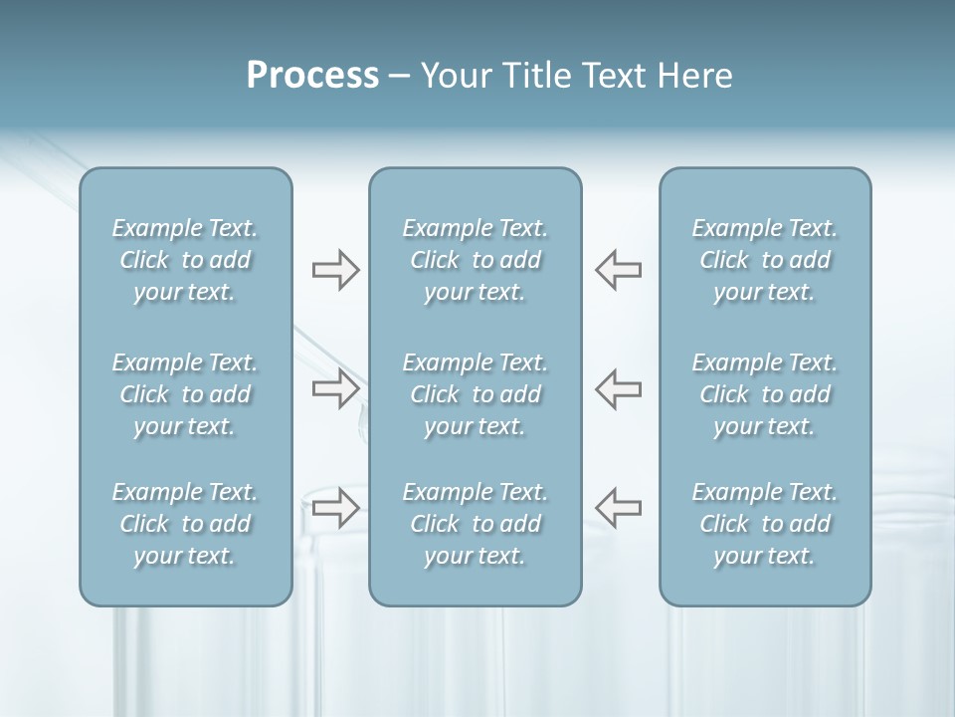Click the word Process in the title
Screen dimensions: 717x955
tap(312, 76)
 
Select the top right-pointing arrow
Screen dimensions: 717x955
tap(335, 270)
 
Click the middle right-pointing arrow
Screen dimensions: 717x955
tap(335, 388)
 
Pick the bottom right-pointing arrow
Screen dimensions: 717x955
tap(335, 507)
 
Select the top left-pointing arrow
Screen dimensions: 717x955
tap(618, 270)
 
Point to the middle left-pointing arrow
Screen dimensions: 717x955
tap(618, 388)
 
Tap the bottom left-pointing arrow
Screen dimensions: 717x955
tap(618, 507)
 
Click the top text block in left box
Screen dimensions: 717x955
tap(185, 260)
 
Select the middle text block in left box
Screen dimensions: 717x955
tap(185, 394)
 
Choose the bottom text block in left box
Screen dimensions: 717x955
tap(185, 524)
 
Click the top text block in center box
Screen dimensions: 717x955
tap(475, 260)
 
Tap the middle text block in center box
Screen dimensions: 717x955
tap(475, 394)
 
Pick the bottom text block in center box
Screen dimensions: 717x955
tap(475, 524)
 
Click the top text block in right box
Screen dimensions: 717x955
tap(764, 260)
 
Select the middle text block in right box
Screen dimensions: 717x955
tap(764, 394)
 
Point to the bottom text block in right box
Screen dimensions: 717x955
tap(764, 524)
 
